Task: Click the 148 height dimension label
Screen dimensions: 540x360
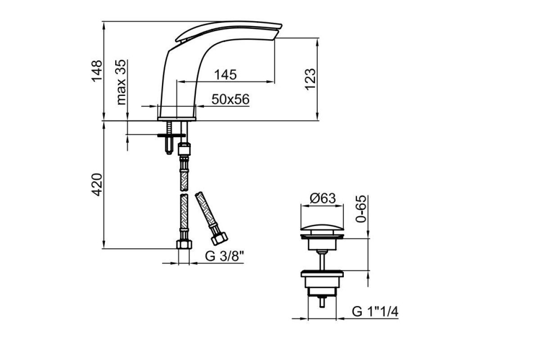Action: click(97, 71)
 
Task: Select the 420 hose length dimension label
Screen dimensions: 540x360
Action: click(97, 184)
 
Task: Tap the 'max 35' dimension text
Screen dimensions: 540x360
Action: click(121, 82)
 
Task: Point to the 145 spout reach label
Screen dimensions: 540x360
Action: click(225, 75)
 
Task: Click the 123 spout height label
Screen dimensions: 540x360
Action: click(310, 80)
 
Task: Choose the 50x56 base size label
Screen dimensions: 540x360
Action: click(230, 99)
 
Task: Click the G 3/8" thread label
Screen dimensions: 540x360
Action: click(225, 256)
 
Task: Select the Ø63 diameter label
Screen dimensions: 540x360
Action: click(323, 198)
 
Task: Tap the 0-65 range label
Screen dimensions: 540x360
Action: click(361, 208)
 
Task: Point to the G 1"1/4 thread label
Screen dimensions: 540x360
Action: click(375, 312)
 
